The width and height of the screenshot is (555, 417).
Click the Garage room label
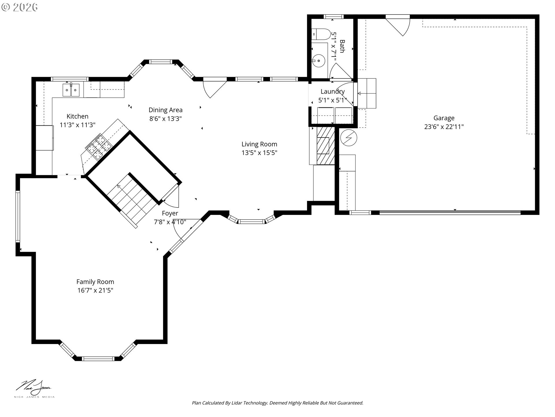[x=444, y=118]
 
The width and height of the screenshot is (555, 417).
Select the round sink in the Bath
[x=319, y=61]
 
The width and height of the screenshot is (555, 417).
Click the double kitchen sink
[x=71, y=90]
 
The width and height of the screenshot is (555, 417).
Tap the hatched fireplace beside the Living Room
[x=325, y=146]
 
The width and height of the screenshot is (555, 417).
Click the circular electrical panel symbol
[x=349, y=138]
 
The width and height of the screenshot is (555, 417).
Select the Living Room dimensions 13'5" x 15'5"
[x=259, y=153]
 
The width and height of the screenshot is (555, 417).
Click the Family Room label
[x=95, y=281]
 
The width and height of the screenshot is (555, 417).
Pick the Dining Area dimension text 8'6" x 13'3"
[x=165, y=118]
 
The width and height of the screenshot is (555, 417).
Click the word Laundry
[x=332, y=92]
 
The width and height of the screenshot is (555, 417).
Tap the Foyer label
[x=170, y=213]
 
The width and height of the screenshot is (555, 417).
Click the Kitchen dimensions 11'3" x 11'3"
[x=77, y=125]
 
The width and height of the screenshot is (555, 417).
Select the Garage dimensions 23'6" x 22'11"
[x=444, y=127]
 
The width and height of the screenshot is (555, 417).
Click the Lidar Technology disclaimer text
[x=277, y=403]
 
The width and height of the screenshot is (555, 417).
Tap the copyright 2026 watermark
[x=19, y=7]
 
